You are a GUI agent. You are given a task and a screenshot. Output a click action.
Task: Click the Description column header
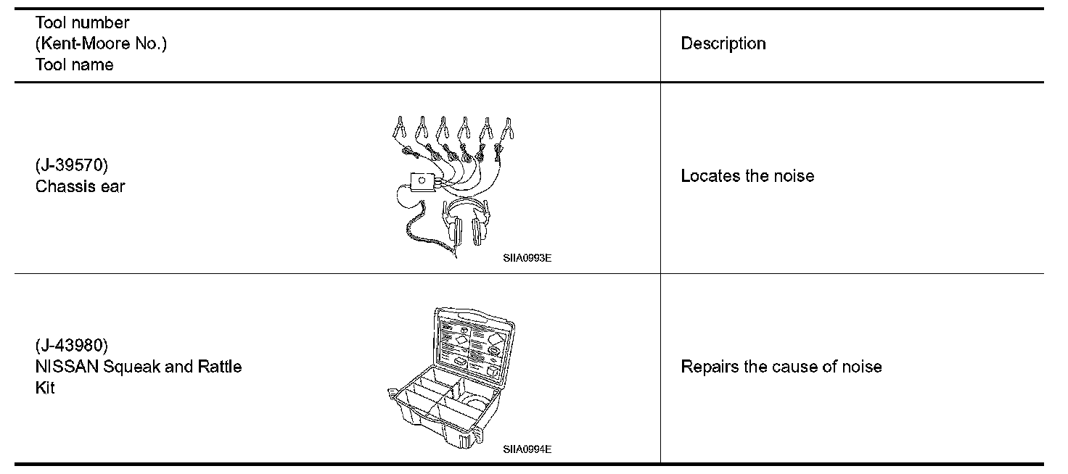pyautogui.click(x=723, y=43)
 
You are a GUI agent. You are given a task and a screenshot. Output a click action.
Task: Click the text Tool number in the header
pyautogui.click(x=82, y=23)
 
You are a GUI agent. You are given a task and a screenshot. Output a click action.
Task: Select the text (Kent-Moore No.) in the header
pyautogui.click(x=101, y=43)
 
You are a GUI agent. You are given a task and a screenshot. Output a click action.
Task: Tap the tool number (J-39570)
pyautogui.click(x=71, y=165)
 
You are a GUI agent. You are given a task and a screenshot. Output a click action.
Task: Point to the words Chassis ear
pyautogui.click(x=80, y=186)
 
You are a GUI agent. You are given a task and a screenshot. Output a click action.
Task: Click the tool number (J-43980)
pyautogui.click(x=71, y=345)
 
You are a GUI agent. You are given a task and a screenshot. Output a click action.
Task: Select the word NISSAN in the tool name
pyautogui.click(x=67, y=366)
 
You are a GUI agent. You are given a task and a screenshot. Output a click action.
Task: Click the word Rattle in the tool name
pyautogui.click(x=220, y=366)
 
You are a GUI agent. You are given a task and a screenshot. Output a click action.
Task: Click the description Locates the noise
pyautogui.click(x=747, y=176)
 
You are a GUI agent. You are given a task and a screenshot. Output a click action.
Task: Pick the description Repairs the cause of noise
pyautogui.click(x=781, y=367)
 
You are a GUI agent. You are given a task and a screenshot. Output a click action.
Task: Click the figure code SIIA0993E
pyautogui.click(x=527, y=257)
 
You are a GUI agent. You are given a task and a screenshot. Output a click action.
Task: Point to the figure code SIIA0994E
pyautogui.click(x=527, y=449)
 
